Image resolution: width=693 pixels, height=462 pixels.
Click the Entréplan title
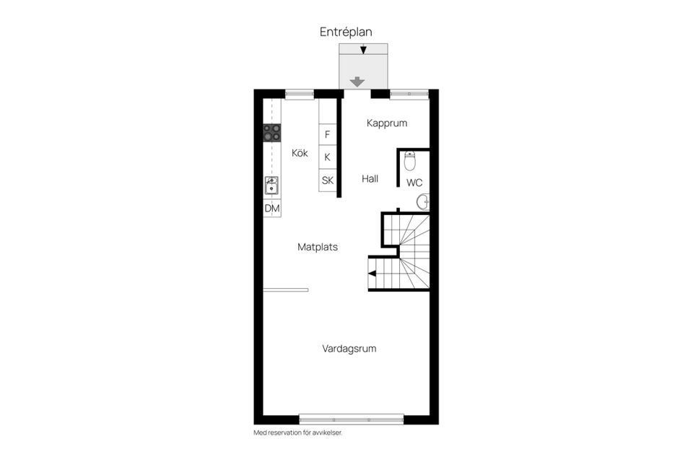[346, 32]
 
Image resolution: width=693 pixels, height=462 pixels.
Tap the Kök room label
[300, 153]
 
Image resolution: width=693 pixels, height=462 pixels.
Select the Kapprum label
[387, 123]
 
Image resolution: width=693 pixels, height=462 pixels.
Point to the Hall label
[370, 178]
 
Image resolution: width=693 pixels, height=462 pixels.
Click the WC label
[414, 183]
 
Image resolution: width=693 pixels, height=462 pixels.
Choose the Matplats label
[318, 247]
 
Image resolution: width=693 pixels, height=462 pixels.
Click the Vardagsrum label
[349, 349]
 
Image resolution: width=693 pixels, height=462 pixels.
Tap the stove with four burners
[272, 133]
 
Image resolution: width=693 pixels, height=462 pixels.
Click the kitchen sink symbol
[271, 186]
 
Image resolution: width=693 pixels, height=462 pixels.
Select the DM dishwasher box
[272, 208]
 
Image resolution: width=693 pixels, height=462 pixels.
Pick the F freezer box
[328, 134]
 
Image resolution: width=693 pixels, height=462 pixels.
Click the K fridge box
[328, 157]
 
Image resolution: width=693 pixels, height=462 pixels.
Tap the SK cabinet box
[328, 180]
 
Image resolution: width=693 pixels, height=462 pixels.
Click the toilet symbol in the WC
[410, 161]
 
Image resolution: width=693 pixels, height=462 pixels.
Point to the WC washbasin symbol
[423, 202]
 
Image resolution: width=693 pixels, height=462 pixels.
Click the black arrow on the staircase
[372, 273]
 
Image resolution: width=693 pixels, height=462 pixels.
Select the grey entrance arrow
[357, 82]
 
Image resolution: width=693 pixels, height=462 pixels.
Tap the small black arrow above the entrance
[363, 50]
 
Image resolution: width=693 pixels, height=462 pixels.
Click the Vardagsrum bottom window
[352, 419]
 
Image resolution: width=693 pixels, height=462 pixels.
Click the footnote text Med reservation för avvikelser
[298, 433]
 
